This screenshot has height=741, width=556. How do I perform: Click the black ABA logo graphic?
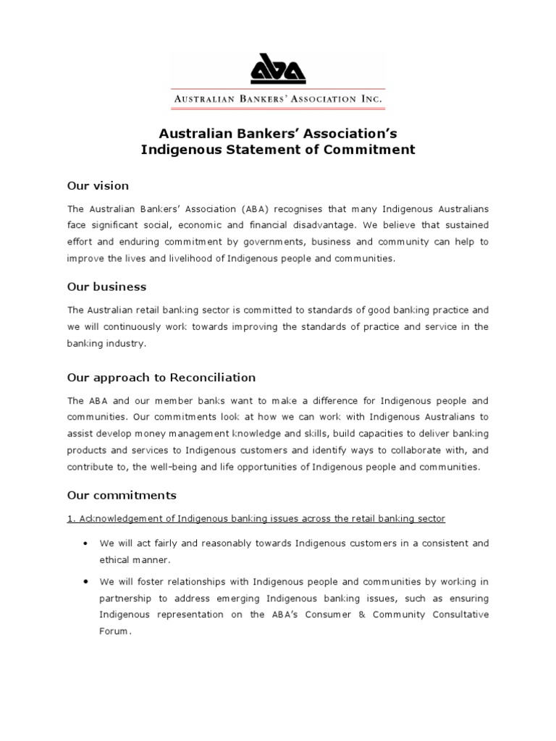[x=278, y=70]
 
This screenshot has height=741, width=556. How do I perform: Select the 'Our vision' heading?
[x=98, y=186]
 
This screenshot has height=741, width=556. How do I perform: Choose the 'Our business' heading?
[x=106, y=287]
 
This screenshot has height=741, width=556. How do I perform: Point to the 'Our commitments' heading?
[x=122, y=496]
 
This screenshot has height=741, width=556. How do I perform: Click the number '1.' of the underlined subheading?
[x=71, y=519]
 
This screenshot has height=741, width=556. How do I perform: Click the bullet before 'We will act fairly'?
[x=86, y=543]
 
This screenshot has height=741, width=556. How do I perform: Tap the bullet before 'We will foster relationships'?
[x=86, y=581]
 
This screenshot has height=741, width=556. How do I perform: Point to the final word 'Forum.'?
[x=116, y=630]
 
